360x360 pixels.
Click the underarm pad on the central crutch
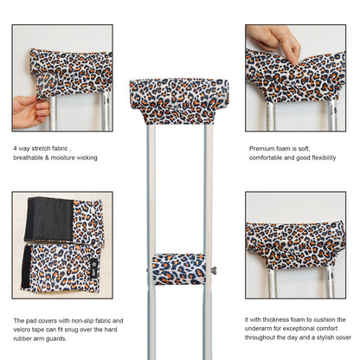tap(179, 100)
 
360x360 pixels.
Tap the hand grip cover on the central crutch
tap(178, 267)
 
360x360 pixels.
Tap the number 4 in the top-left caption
tap(15, 148)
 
